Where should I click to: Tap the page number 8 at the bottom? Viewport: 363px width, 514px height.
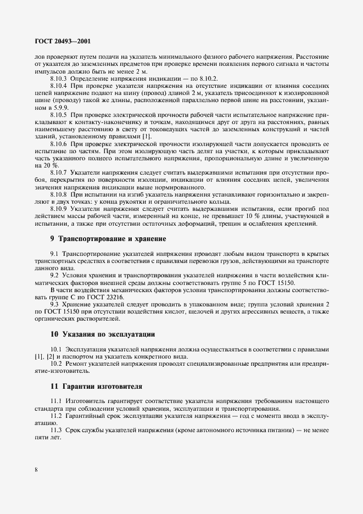coord(36,470)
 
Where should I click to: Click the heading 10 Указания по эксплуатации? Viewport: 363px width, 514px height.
coord(103,333)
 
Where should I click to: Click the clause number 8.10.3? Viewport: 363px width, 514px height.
coord(58,79)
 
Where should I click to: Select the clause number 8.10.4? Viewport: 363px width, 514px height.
coord(58,86)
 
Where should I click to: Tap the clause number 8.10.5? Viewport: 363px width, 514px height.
coord(58,115)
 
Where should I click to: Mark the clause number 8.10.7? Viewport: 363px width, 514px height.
coord(58,172)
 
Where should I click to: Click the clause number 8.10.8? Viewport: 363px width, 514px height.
coord(58,194)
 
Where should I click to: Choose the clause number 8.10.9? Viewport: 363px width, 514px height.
coord(58,208)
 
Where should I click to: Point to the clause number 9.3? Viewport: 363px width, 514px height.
coord(55,304)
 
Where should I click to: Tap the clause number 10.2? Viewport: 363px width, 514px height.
coord(57,364)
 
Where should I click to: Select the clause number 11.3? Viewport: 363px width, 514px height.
coord(57,431)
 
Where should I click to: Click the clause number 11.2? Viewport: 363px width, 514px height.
coord(57,416)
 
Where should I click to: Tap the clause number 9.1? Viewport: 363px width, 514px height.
coord(55,254)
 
